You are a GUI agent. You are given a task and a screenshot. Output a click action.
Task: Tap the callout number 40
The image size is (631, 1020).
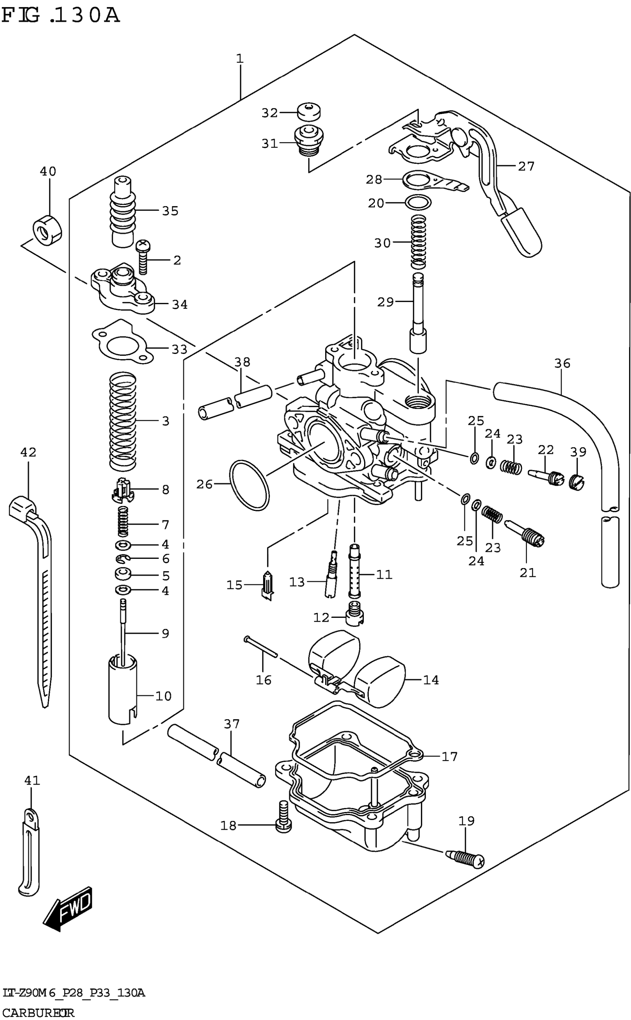pyautogui.click(x=48, y=171)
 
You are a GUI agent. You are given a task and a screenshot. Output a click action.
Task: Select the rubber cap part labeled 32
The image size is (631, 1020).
pyautogui.click(x=309, y=111)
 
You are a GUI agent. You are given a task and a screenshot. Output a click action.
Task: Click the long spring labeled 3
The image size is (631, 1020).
pyautogui.click(x=123, y=421)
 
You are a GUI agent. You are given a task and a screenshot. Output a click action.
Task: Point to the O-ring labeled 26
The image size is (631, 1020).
pyautogui.click(x=249, y=485)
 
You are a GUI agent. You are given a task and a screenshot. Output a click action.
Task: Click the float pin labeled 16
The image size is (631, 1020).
pyautogui.click(x=261, y=645)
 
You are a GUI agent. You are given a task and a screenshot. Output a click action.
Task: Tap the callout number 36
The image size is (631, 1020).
pyautogui.click(x=562, y=363)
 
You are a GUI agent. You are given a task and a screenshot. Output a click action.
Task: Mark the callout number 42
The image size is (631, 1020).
pyautogui.click(x=28, y=452)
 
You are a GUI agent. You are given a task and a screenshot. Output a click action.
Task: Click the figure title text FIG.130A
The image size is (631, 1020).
pyautogui.click(x=61, y=16)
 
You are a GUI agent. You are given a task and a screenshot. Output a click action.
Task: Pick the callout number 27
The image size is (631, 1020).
pyautogui.click(x=526, y=166)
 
